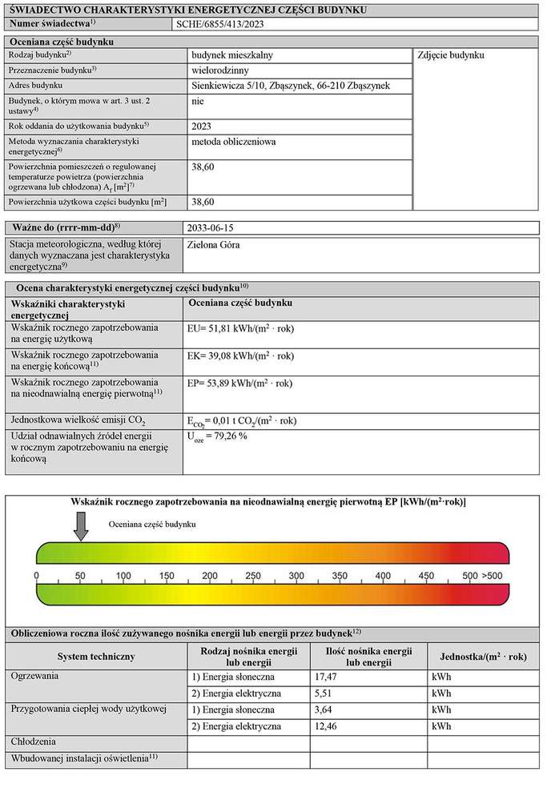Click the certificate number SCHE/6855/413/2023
pyautogui.click(x=219, y=24)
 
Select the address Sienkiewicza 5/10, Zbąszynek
pyautogui.click(x=291, y=86)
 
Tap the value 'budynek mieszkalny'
pyautogui.click(x=235, y=55)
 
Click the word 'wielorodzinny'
pyautogui.click(x=222, y=70)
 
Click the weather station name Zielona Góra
pyautogui.click(x=212, y=245)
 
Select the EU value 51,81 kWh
pyautogui.click(x=239, y=328)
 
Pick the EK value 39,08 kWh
pyautogui.click(x=239, y=356)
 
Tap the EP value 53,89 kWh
pyautogui.click(x=239, y=383)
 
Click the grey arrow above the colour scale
pyautogui.click(x=80, y=525)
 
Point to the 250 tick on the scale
pyautogui.click(x=253, y=576)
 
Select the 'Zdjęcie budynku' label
pyautogui.click(x=451, y=55)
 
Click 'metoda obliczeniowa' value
pyautogui.click(x=234, y=142)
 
